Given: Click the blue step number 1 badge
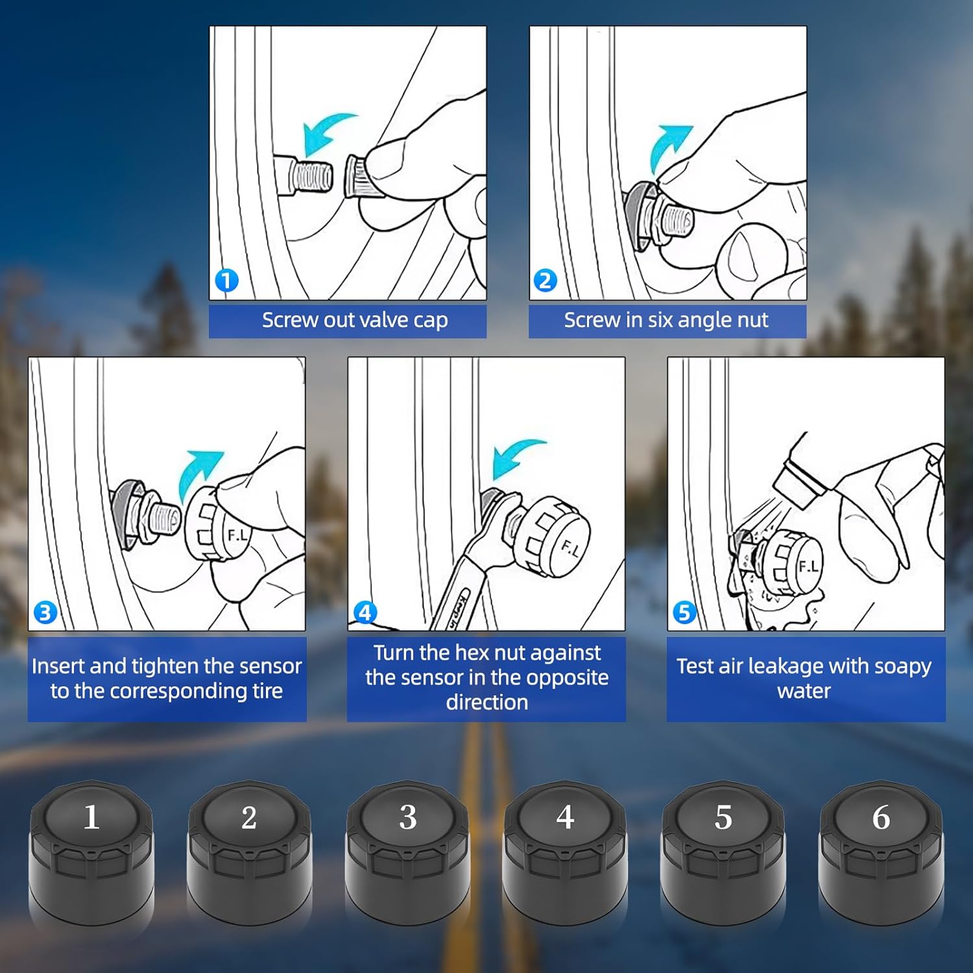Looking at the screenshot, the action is [x=226, y=281].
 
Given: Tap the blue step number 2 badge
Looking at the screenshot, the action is [x=545, y=281].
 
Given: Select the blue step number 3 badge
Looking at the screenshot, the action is [x=45, y=612].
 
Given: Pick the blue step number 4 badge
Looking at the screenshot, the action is [x=365, y=612].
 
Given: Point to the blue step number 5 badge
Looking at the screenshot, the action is [x=684, y=612].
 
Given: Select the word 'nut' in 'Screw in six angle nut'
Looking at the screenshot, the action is [x=752, y=320].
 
